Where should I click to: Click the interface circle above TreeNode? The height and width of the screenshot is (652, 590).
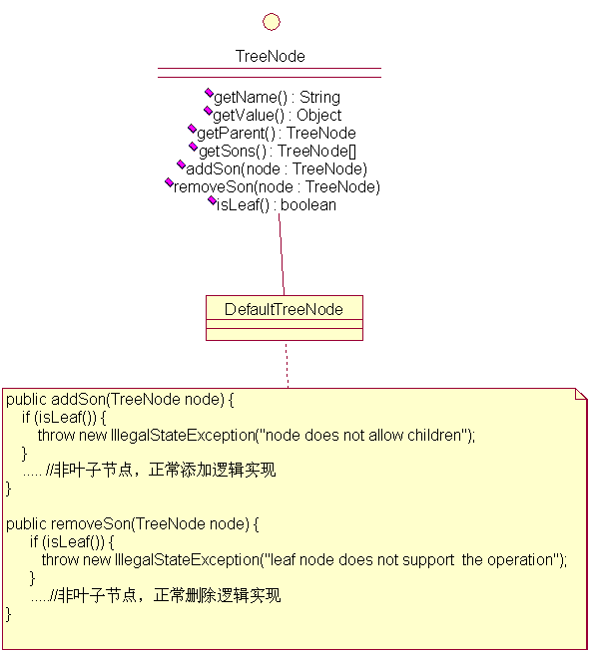coord(272,22)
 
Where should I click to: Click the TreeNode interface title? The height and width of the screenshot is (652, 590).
coord(271,56)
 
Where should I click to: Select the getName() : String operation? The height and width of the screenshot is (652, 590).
coord(277,98)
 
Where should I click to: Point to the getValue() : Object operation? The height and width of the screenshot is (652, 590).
coord(277,116)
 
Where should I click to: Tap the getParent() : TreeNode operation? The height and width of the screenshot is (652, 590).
coord(277,133)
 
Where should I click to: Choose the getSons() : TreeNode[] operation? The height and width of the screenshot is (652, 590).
coord(278,151)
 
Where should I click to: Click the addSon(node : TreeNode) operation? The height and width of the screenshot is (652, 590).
coord(277,168)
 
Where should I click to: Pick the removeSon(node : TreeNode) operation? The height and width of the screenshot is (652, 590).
coord(277,186)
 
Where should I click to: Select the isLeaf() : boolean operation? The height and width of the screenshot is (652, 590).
coord(277,204)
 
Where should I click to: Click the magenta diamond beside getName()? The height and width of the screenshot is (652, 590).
coord(209,93)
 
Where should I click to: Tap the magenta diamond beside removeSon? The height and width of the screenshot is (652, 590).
coord(169,181)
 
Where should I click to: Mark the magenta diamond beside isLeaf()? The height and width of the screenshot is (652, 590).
coord(212,200)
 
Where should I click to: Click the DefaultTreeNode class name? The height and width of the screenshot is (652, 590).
coord(284,309)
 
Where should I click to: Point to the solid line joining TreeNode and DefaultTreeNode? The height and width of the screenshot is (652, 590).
coord(282,254)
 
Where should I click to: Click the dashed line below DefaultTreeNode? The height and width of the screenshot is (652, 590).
coord(287,364)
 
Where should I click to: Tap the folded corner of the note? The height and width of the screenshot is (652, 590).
coord(581,394)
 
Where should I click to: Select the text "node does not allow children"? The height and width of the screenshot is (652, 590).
coord(363,435)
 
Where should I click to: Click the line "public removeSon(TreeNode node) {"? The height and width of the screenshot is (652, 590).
coord(132,524)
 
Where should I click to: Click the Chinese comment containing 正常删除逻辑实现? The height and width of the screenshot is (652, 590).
coord(166,595)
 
